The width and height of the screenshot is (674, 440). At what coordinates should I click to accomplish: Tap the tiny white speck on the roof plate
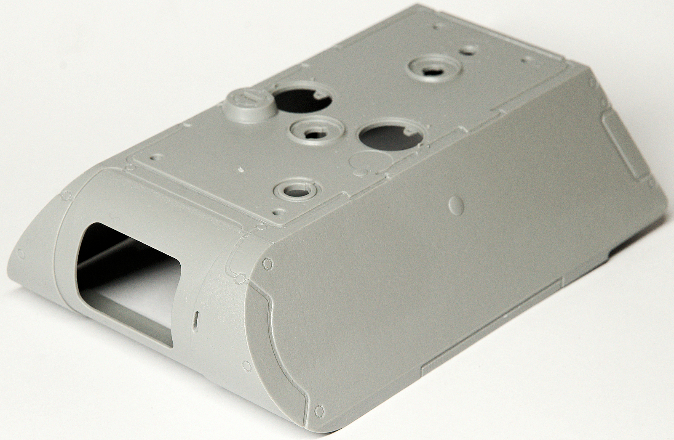(241, 170)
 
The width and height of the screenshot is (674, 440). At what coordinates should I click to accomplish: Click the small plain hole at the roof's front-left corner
(157, 156)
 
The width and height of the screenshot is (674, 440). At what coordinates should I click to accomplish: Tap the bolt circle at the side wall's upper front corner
(267, 263)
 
